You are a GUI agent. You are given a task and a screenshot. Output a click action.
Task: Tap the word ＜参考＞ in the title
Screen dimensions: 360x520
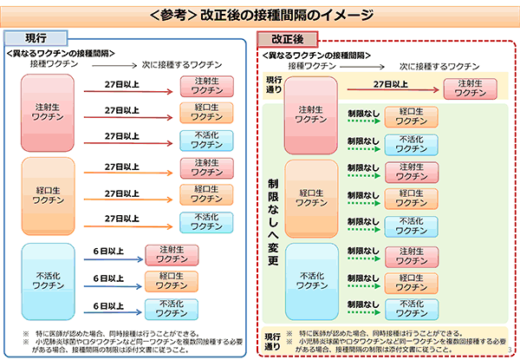click(172, 14)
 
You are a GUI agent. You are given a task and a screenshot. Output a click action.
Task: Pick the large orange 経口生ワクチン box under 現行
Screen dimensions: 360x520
click(51, 194)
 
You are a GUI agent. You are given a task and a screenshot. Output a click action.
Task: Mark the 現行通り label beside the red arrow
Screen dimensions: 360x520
click(273, 84)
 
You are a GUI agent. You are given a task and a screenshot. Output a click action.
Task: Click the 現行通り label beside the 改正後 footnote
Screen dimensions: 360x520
click(271, 337)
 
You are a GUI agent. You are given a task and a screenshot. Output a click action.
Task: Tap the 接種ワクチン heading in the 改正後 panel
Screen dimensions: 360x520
click(307, 65)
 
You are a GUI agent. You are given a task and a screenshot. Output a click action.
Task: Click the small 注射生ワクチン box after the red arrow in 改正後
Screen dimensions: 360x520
click(469, 88)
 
